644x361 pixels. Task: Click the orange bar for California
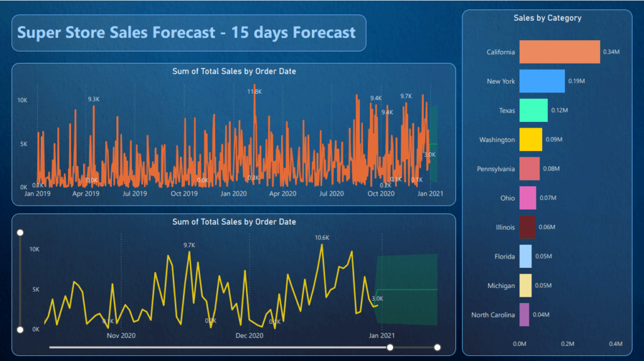559,52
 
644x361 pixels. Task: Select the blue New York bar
541,81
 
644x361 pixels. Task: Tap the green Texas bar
533,110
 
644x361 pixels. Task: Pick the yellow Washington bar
530,140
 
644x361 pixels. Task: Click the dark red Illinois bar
527,227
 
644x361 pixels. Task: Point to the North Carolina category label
493,314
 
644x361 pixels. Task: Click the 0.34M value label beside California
611,52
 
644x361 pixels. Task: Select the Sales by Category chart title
547,18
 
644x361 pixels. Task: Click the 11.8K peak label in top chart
255,91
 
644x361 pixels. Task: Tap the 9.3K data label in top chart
94,99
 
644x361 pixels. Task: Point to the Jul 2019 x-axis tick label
135,194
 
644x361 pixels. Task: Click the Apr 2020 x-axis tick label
282,194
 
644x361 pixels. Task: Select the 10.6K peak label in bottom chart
321,237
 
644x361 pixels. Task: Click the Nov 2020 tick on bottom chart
121,336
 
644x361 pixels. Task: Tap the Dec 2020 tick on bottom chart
249,336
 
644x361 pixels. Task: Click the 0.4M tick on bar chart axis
616,344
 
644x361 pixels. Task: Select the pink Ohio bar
528,198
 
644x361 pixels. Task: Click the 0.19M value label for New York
576,81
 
